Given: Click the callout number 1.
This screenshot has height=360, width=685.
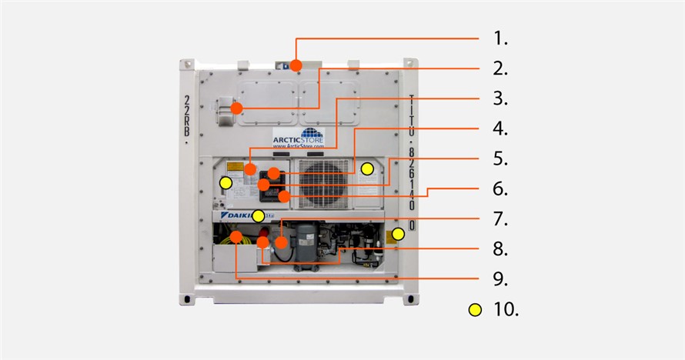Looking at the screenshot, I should click(x=501, y=38).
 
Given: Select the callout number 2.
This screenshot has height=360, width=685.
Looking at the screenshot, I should click(x=501, y=68).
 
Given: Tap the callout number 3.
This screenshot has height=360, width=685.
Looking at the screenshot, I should click(x=501, y=99).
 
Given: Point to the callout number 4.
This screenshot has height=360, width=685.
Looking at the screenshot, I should click(x=501, y=128).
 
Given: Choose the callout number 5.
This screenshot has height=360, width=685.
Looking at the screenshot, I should click(x=501, y=158).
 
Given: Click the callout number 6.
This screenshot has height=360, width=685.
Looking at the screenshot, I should click(x=501, y=188).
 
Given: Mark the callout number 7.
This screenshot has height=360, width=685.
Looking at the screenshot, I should click(x=501, y=219).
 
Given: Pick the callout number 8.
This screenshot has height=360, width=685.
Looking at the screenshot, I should click(x=501, y=249).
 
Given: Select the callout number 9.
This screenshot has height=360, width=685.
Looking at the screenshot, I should click(x=501, y=278).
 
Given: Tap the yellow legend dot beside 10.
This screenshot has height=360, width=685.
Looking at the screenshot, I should click(x=476, y=309).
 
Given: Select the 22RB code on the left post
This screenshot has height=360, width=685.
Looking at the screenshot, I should click(x=188, y=117).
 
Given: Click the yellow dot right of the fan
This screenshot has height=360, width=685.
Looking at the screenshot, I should click(x=368, y=168).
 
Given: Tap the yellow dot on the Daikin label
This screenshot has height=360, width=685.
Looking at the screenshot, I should click(x=259, y=215).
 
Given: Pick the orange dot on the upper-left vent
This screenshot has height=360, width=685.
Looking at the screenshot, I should click(x=237, y=108).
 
